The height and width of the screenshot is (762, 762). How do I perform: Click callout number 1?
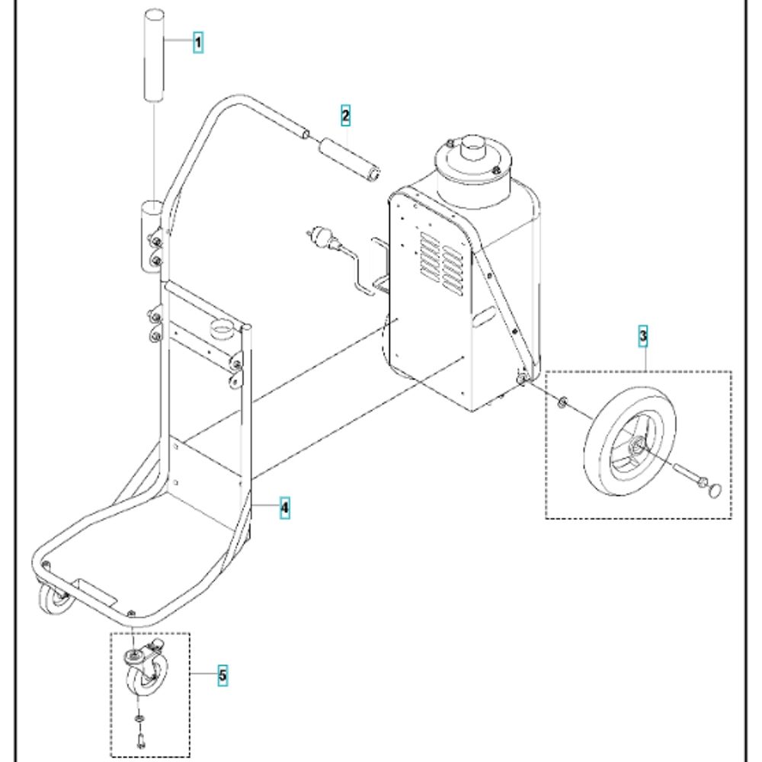tap(198, 42)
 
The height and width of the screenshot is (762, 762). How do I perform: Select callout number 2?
tap(345, 116)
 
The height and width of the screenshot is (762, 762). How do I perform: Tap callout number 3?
tap(643, 336)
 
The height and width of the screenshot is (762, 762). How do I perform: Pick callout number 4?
tap(285, 507)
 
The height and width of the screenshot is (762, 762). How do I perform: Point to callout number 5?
tap(223, 675)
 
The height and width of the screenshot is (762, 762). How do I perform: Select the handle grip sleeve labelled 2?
tap(349, 160)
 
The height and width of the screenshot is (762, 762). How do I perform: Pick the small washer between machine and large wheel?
tap(562, 402)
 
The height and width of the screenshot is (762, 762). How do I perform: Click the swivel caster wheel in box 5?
tap(146, 671)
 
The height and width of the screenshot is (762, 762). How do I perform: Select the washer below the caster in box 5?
tap(139, 719)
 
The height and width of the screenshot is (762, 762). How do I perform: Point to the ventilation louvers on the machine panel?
tap(442, 264)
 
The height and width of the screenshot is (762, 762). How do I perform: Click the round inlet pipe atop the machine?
tap(474, 147)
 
